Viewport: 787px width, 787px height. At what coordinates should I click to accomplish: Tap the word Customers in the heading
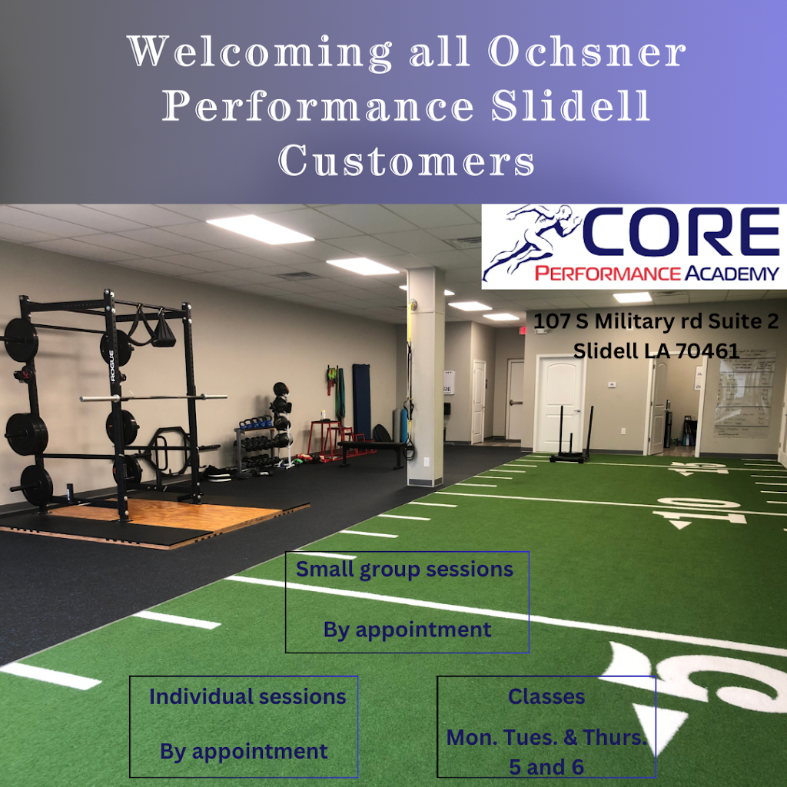pos(407,161)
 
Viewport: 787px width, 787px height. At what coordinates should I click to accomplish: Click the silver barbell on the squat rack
pos(154,397)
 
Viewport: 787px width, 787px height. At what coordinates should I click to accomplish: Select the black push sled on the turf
pos(570,442)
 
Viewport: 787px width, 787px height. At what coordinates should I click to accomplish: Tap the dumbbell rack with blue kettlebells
pos(257,442)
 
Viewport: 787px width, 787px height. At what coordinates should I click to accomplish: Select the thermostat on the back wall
pos(612,384)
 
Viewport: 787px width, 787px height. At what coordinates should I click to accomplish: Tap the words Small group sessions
pos(405,569)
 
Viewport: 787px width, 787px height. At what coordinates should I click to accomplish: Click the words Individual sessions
pos(247,696)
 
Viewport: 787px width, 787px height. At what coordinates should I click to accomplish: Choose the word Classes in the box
pos(546,696)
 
